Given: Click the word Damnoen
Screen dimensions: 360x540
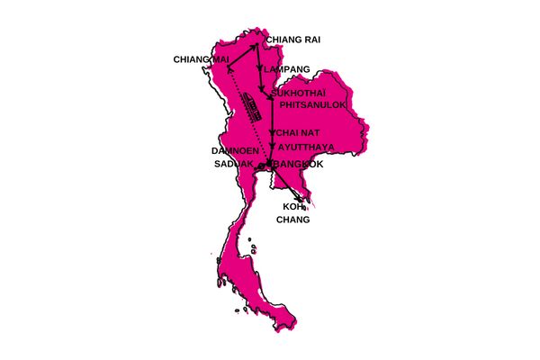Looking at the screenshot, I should click(x=236, y=150).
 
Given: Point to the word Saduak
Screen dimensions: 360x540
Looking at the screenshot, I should click(x=232, y=165).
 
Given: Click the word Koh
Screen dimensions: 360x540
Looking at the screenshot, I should click(x=293, y=206).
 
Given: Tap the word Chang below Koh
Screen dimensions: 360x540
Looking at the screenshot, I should click(x=293, y=220).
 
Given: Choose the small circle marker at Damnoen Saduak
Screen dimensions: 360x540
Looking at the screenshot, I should click(x=261, y=166).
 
